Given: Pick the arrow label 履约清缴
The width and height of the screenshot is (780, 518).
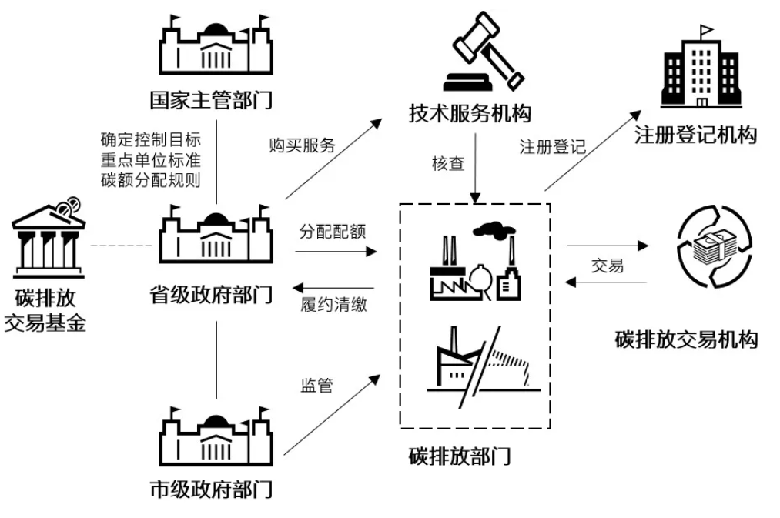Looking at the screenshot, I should click(x=333, y=303).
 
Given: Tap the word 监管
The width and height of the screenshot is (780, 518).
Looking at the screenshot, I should click(x=316, y=385).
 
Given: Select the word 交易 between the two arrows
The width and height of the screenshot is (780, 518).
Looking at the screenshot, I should click(x=607, y=266).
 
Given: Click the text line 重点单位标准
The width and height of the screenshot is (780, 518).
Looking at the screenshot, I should click(x=150, y=160).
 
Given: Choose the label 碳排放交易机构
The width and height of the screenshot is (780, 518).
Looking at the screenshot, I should click(x=686, y=339).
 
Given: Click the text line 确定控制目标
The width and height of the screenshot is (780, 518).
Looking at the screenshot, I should click(x=150, y=140).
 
